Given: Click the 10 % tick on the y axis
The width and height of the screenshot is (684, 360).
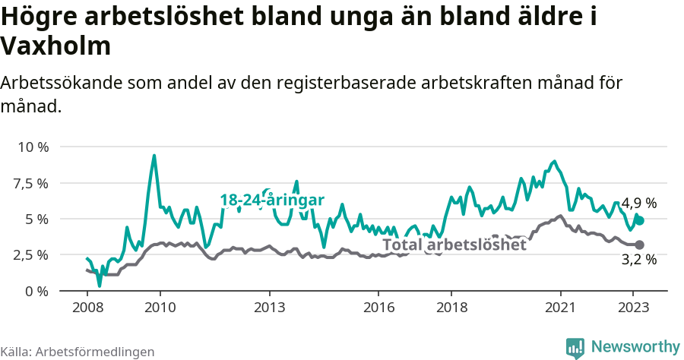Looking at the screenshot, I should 32,147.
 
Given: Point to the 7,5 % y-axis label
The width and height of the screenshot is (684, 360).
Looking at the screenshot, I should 32,183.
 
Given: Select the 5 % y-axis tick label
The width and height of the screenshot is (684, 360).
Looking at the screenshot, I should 36,219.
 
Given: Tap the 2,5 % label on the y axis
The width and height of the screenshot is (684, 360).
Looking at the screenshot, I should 32,254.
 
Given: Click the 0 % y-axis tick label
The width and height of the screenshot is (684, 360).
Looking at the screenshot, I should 36,291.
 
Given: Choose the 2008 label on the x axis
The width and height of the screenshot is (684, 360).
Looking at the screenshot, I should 87,308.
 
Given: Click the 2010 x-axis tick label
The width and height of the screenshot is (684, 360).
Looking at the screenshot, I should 160,308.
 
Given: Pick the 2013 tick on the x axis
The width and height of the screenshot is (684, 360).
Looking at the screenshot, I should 269,308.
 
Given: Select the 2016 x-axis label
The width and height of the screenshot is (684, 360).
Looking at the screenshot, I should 378,308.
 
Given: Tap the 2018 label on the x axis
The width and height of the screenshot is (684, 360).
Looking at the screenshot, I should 451,308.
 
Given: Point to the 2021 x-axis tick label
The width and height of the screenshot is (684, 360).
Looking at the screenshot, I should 561,308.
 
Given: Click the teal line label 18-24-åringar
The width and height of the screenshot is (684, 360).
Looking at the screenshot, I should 272,200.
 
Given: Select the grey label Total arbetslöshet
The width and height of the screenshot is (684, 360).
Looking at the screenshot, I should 454,245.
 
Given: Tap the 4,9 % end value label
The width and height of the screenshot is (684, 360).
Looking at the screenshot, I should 638,204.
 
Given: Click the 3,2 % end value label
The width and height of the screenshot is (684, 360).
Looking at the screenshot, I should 638,260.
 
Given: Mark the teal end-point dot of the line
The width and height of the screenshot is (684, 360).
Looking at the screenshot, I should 640,220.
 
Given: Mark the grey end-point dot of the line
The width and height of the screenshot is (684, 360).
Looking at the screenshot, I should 640,245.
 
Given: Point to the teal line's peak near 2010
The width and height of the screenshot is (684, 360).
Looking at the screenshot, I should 154,156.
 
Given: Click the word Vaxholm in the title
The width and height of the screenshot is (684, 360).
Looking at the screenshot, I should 56,46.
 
